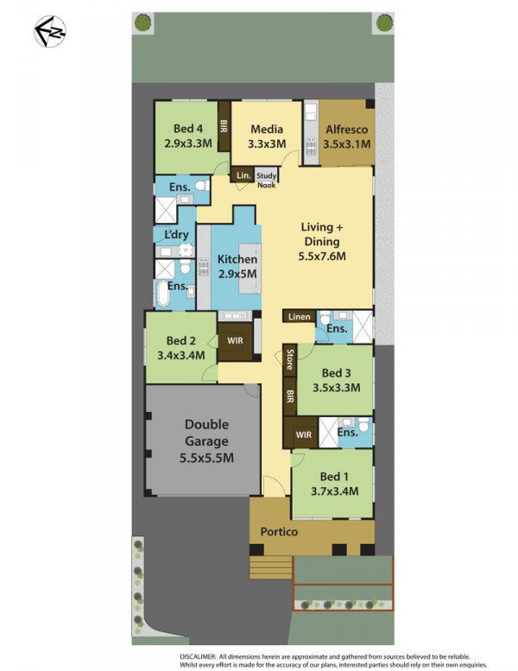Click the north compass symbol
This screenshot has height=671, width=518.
[x=50, y=31]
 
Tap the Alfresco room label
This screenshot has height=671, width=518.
[x=346, y=130]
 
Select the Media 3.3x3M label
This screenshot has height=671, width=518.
[x=267, y=136]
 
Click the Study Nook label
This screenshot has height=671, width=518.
[x=266, y=180]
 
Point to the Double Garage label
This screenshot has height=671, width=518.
[x=206, y=433]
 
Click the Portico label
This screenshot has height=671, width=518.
[x=279, y=531]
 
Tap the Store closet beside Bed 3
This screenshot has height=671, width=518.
[x=289, y=360]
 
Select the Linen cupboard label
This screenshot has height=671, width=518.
[x=299, y=317]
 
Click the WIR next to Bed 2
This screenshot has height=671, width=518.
[x=235, y=341]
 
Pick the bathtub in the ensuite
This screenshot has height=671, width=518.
[x=163, y=293]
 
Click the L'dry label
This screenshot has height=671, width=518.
[x=176, y=235]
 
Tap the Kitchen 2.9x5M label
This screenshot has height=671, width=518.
[x=237, y=266]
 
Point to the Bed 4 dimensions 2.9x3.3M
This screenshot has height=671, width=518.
[x=188, y=143]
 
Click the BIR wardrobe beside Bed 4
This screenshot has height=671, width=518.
[x=224, y=126]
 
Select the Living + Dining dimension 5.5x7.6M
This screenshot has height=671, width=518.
[x=322, y=256]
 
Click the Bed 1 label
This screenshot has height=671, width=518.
[x=334, y=477]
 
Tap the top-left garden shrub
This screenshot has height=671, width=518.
[x=142, y=22]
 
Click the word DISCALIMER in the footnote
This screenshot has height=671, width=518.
[x=198, y=656]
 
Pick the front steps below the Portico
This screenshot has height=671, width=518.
[x=271, y=567]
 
